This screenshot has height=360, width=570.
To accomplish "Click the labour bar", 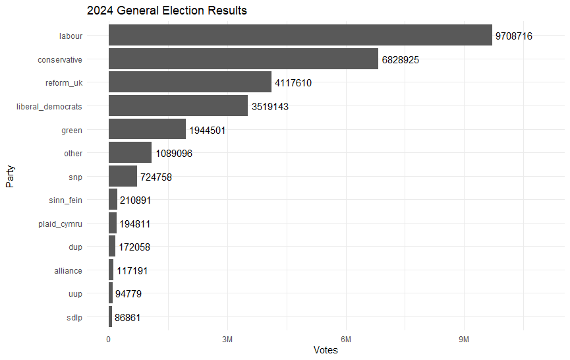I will coord(300,35).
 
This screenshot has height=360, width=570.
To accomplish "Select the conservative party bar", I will coord(243,59).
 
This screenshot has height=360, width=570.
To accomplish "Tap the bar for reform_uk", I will coord(190,82).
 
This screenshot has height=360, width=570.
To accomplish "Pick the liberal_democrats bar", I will coord(178,105).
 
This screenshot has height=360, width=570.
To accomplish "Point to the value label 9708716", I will coord(514,36).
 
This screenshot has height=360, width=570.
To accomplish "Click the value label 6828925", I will coord(401,60).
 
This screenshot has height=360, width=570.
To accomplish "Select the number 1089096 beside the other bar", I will coord(174,154).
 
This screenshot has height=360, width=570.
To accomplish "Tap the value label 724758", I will coord(156,177).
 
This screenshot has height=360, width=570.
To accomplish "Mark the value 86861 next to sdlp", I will coord(128,318).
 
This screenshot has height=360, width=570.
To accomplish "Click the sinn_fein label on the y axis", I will coord(66,200).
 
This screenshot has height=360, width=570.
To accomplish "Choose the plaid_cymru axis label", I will coord(61,224).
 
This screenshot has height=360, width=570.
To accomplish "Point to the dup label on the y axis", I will coord(75,247).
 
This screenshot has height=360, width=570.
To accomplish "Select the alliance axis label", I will coord(69,271).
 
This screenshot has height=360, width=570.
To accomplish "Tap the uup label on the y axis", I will coord(75,294).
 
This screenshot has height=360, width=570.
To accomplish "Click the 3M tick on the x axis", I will coord(227,339).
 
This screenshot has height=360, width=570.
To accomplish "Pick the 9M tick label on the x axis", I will coord(464,339).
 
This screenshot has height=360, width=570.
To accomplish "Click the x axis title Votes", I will coord(326,350).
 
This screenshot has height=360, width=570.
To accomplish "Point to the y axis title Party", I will coord(11,177).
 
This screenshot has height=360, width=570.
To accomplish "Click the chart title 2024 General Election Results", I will coord(167,11).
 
